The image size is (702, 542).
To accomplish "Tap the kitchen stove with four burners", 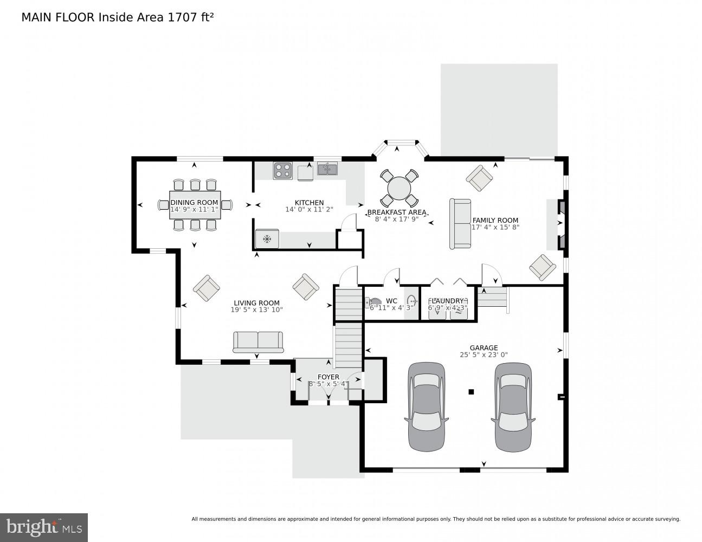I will pos(282,170).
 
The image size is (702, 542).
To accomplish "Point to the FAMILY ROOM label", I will pos(495,220).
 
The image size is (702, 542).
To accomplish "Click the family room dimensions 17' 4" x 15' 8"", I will pos(495,228).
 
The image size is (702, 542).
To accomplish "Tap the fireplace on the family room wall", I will pos(562,224).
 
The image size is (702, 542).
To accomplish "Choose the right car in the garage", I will pos(512,406).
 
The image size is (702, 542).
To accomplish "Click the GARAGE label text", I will pos(484,348).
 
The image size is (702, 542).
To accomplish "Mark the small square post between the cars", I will pos(471,392).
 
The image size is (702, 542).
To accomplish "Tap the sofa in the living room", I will pos(258,341).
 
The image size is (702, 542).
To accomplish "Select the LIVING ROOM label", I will pos(256,303).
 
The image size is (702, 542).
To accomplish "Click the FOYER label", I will pos(328,377).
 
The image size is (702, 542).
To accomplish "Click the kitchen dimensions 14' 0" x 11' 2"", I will pos(309,210).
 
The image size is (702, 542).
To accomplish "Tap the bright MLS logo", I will pos(44,527).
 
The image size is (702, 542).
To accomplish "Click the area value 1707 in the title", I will pos(183,17).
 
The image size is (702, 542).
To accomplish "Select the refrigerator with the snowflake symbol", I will pos(267,238).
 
